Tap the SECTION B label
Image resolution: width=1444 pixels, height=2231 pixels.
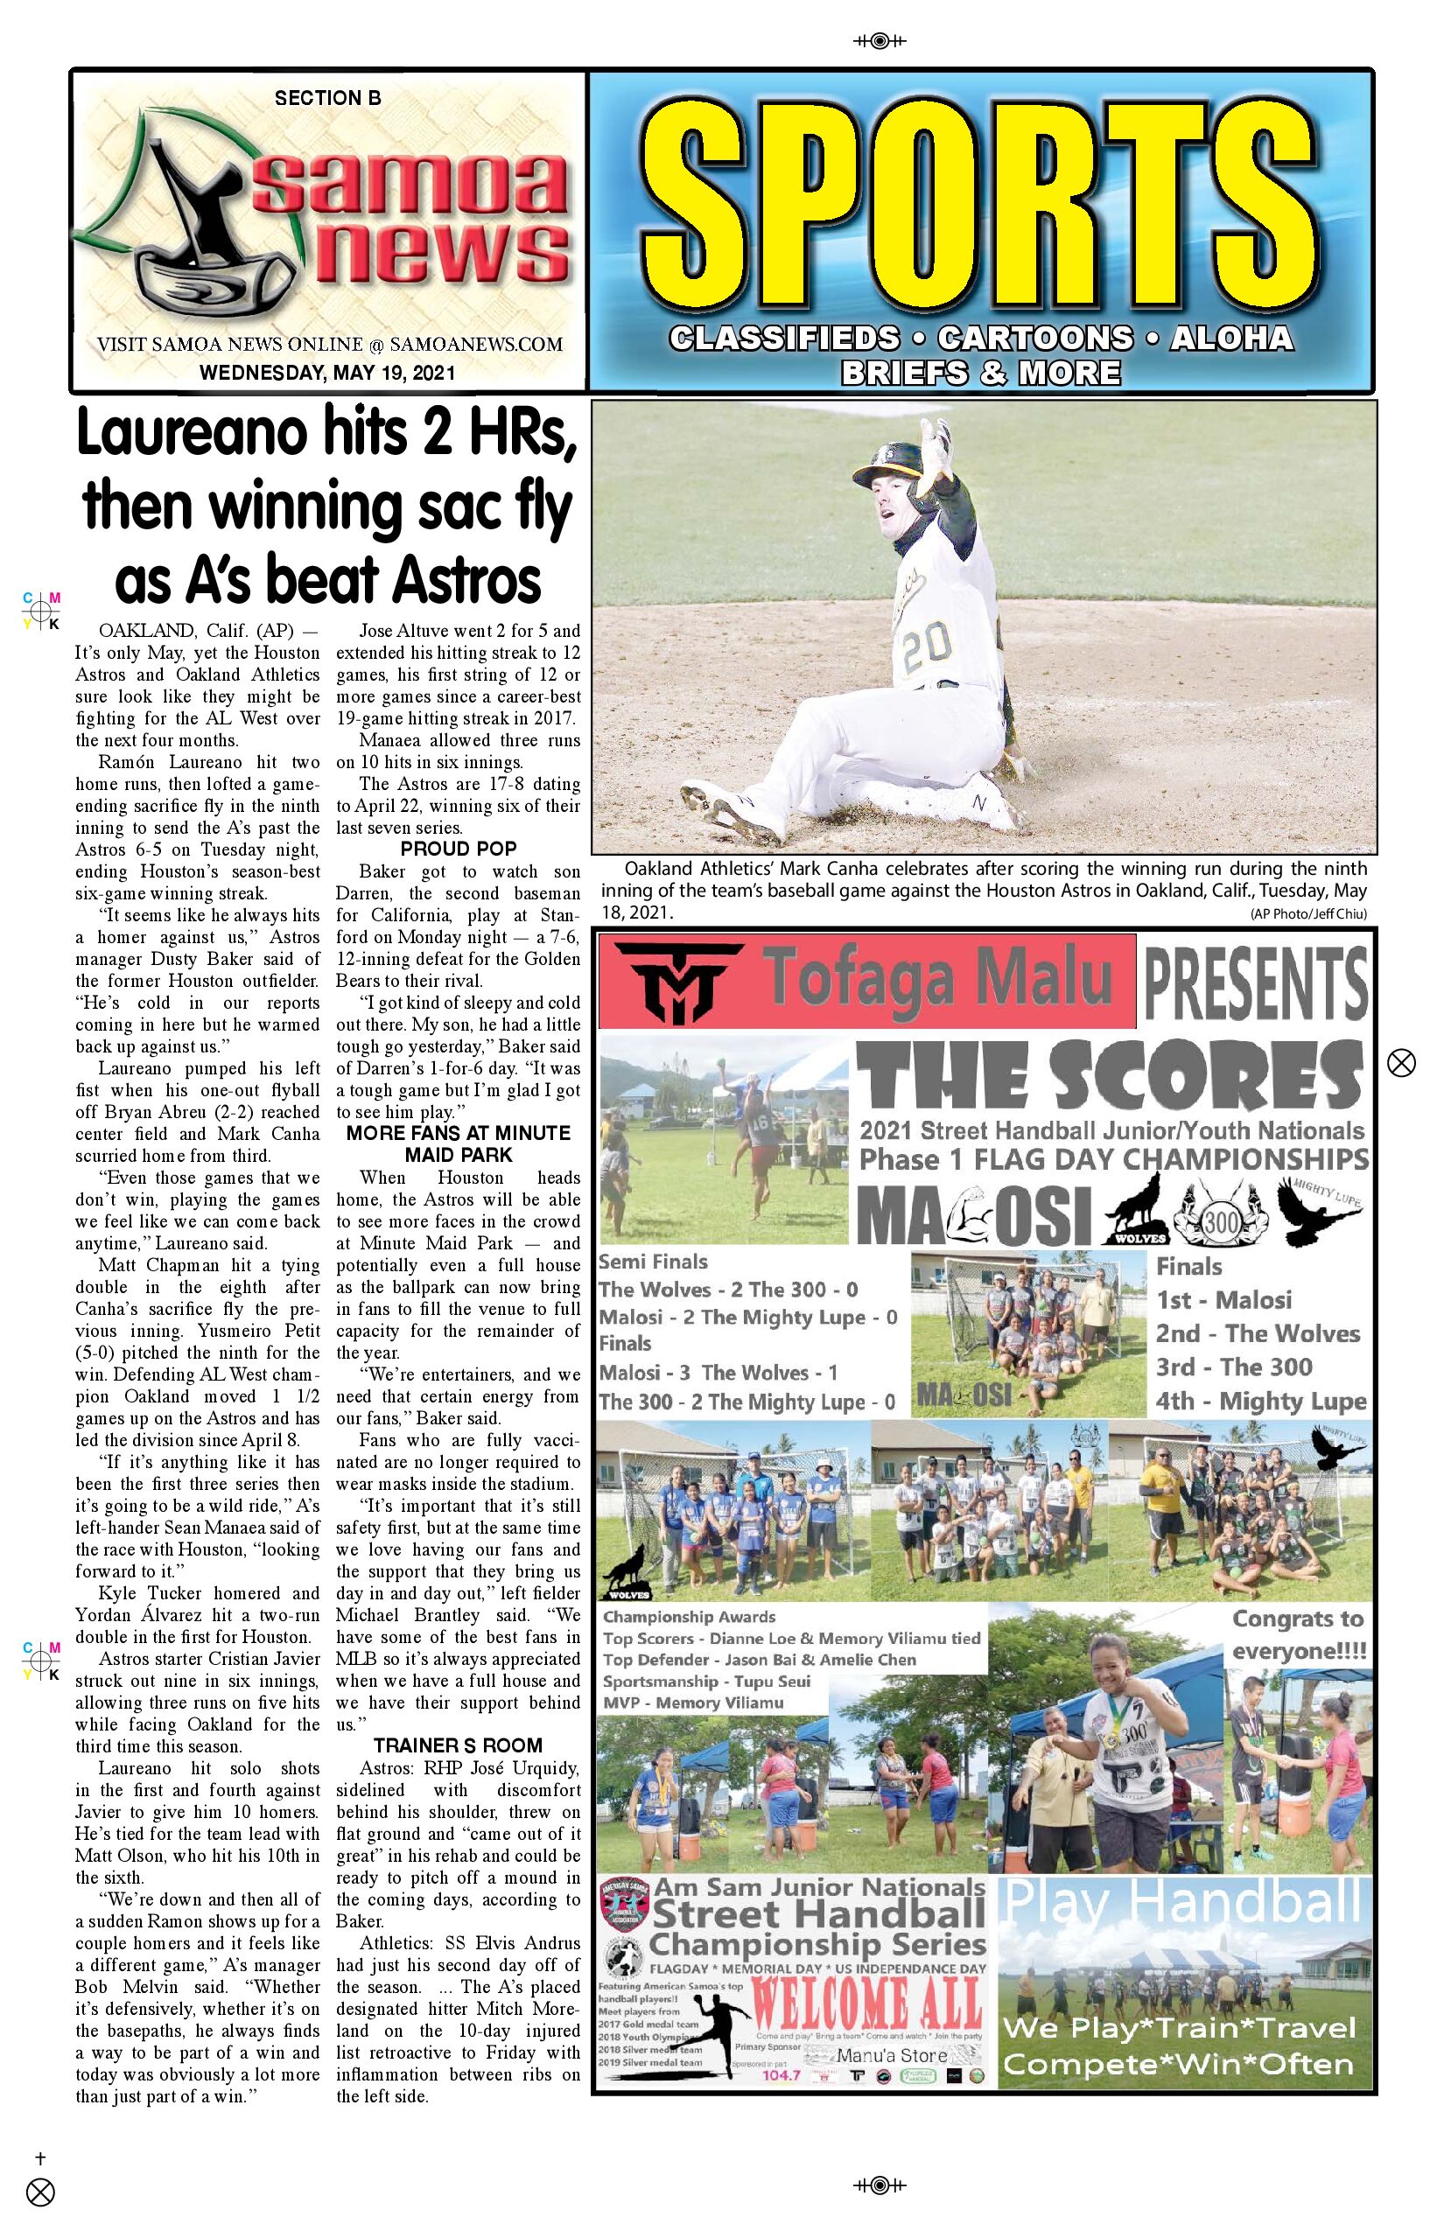pyautogui.click(x=327, y=97)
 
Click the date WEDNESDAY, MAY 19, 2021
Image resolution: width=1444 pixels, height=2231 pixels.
pyautogui.click(x=327, y=372)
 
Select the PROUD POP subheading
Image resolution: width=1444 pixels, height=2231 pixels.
pyautogui.click(x=458, y=850)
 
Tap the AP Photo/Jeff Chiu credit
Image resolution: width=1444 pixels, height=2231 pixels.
pyautogui.click(x=1308, y=914)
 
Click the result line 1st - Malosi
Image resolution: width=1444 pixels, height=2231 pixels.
pyautogui.click(x=1223, y=1300)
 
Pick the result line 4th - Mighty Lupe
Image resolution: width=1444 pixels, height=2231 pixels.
pyautogui.click(x=1260, y=1402)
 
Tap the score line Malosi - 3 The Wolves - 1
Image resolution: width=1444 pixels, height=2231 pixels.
pyautogui.click(x=718, y=1374)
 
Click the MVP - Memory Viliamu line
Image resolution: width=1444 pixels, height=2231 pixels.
pyautogui.click(x=693, y=1703)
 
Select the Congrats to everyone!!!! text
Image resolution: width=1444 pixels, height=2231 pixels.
pyautogui.click(x=1299, y=1635)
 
